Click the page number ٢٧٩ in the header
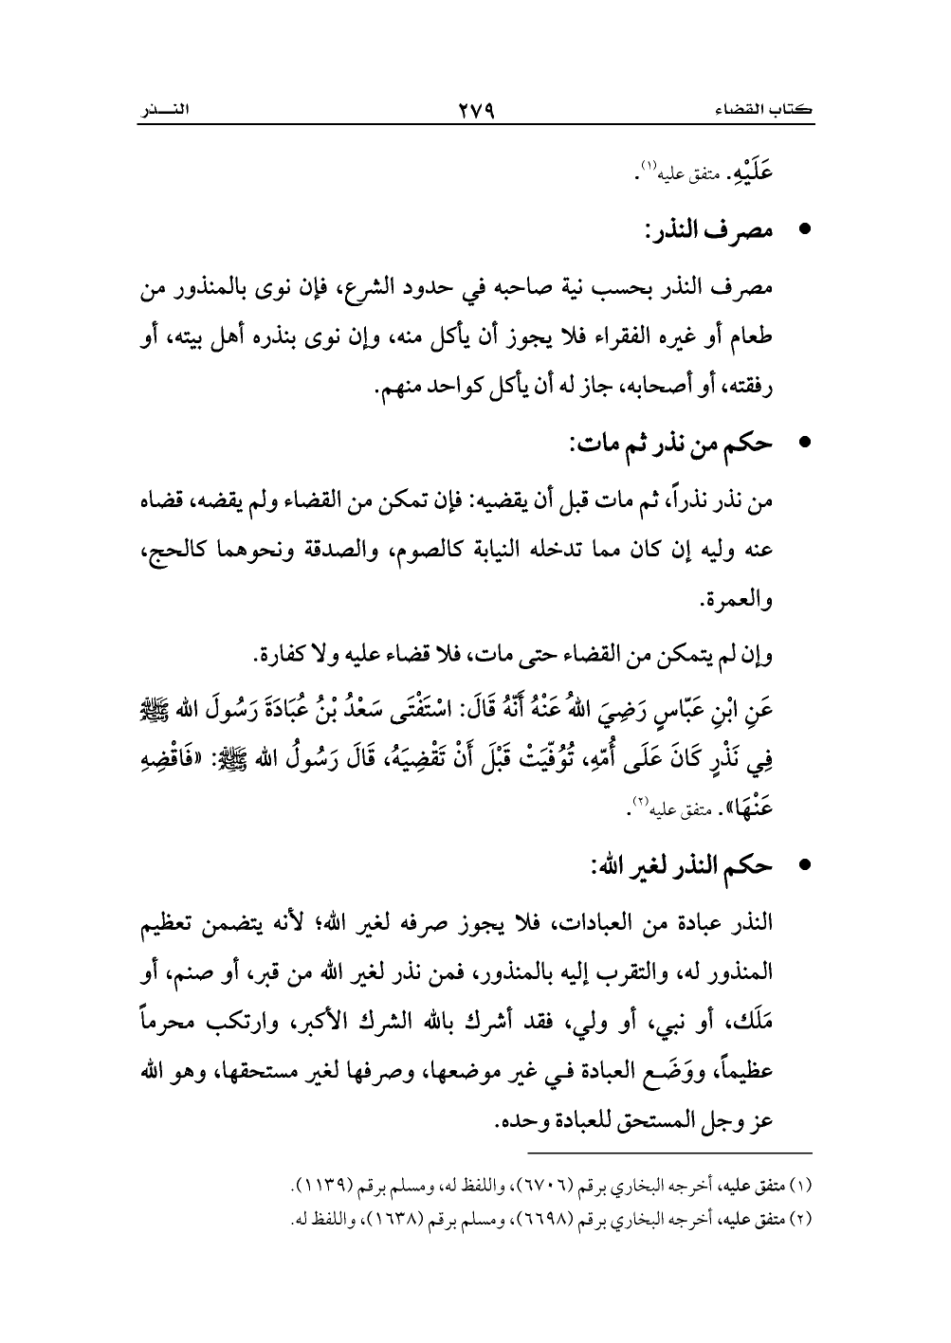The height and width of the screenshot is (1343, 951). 476,111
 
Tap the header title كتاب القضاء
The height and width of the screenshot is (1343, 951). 769,112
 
